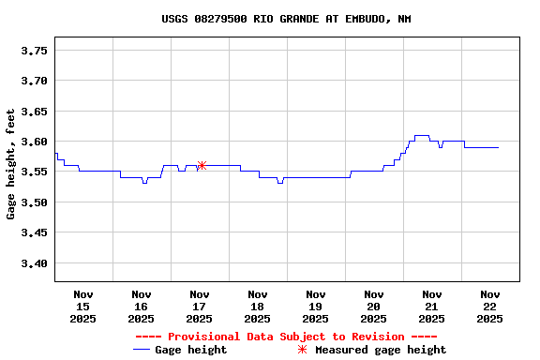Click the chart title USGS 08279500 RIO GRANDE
pos(286,19)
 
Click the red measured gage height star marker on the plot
pos(202,165)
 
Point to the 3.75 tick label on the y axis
pos(34,51)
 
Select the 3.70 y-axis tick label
pos(34,82)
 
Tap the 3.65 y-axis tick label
pos(34,112)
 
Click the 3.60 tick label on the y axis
pos(34,142)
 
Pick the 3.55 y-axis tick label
pos(34,172)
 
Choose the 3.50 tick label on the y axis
pos(34,203)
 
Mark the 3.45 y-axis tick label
pos(34,233)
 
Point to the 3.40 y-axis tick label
pos(34,264)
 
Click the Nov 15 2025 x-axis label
pos(82,307)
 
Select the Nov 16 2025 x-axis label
pos(141,307)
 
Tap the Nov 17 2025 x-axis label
pos(199,307)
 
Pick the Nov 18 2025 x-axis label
pos(257,307)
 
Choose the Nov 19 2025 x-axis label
pos(315,307)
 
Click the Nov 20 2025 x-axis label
pos(373,307)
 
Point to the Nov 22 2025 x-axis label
pos(489,307)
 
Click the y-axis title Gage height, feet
pos(11,164)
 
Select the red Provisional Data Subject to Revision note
pos(286,337)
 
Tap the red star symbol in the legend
pos(302,350)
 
